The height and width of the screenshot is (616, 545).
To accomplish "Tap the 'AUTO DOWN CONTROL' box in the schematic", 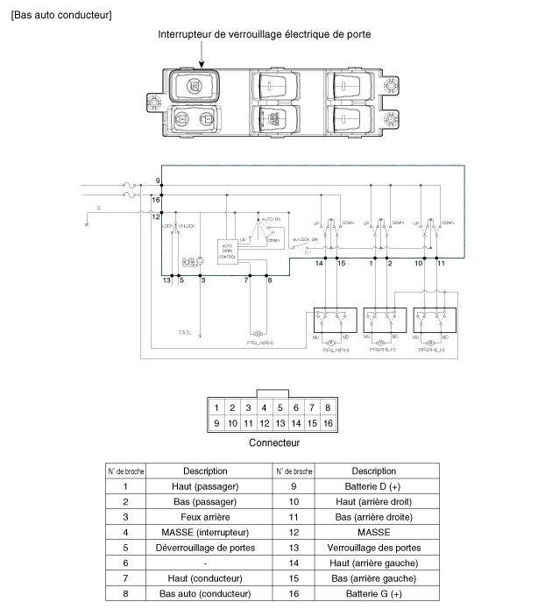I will click(x=228, y=251).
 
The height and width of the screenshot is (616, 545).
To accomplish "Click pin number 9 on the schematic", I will click(x=157, y=180).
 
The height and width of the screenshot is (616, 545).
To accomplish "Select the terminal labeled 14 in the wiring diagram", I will click(x=320, y=263).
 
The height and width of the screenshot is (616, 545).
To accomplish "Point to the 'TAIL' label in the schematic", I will click(x=185, y=333).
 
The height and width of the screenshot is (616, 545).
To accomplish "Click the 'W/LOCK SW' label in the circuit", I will click(x=305, y=238).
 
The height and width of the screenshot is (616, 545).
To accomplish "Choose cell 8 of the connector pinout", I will click(x=327, y=407).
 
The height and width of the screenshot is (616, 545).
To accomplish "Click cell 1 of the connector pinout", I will click(x=216, y=407).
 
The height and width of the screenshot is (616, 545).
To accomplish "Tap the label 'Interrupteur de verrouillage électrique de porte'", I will click(x=264, y=34).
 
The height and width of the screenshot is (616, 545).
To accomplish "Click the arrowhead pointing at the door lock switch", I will click(x=202, y=63).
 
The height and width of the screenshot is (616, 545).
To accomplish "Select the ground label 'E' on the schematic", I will click(x=98, y=209).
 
